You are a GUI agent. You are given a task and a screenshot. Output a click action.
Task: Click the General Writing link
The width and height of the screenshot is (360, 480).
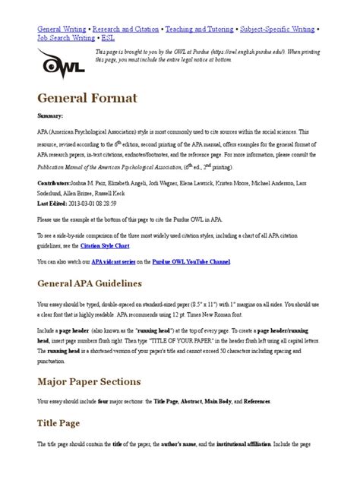63,27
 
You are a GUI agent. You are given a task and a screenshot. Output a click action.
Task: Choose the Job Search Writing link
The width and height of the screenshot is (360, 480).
67,36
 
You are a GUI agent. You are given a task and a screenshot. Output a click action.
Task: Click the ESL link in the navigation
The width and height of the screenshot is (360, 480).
110,36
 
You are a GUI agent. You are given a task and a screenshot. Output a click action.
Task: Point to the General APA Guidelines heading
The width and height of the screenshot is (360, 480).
90,284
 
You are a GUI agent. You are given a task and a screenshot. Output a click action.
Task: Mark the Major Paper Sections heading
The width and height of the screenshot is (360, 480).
88,381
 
